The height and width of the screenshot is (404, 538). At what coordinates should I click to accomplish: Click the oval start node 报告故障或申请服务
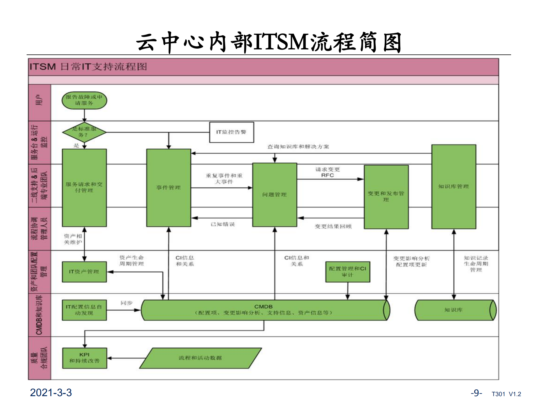click(84, 100)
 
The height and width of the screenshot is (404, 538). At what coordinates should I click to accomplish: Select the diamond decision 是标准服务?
click(84, 132)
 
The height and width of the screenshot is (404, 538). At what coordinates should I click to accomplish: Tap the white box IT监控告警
click(232, 132)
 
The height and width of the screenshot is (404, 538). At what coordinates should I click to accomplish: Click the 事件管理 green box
click(168, 188)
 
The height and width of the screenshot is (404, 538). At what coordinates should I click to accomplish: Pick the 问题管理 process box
click(274, 195)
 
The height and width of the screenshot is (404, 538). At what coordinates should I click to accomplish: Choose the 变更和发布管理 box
click(386, 197)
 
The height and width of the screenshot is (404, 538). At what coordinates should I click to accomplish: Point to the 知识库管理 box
click(454, 186)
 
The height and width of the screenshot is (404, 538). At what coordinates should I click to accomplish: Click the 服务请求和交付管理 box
click(84, 188)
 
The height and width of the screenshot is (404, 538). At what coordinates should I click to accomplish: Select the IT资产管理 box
click(84, 272)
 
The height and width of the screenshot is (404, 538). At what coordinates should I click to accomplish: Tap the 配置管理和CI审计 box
click(348, 272)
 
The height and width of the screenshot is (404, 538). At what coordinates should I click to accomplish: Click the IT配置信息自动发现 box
click(84, 310)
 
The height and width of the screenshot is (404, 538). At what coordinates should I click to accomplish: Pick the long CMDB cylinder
click(264, 310)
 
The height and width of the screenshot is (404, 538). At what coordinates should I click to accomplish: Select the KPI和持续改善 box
click(84, 358)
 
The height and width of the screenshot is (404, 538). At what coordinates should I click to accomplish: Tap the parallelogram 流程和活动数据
click(200, 358)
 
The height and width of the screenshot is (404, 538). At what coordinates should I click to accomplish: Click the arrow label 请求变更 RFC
click(327, 172)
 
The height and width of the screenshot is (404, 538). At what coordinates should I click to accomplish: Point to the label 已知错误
click(223, 224)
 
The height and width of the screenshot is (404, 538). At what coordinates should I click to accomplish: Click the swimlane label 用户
click(39, 100)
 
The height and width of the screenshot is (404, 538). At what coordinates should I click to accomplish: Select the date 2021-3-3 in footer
click(51, 392)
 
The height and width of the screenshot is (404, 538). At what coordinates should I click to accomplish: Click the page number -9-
click(476, 393)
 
